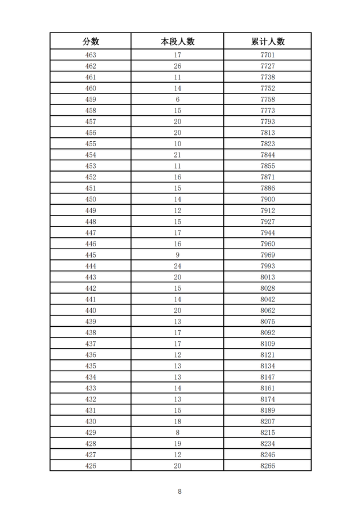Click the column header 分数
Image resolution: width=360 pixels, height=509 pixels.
pos(91,41)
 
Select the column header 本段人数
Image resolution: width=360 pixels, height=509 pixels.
pos(177,41)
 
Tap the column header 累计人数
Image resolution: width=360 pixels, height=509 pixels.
pos(268,41)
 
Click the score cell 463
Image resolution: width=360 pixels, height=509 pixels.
pos(91,55)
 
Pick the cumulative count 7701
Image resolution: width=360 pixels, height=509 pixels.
pos(268,55)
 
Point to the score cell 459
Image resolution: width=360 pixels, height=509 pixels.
pos(91,100)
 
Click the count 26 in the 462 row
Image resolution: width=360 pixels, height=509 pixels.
pos(177,66)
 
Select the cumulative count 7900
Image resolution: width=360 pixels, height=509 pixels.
pos(268,199)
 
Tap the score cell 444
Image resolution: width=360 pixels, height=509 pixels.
pos(91,266)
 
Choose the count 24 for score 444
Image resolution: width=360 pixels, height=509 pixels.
pos(177,266)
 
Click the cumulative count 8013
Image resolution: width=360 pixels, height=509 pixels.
pos(268,277)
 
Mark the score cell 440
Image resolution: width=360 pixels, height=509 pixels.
pos(91,310)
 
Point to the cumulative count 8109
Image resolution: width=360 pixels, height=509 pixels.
pos(268,344)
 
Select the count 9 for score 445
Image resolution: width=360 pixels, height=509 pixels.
pos(177,255)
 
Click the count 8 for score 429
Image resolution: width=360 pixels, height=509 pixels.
pos(177,433)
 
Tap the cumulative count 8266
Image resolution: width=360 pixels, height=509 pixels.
pos(268,466)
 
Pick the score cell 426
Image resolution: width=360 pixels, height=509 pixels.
pos(91,466)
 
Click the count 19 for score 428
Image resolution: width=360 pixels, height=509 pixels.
pos(177,443)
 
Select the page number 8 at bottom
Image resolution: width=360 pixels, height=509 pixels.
pos(179,491)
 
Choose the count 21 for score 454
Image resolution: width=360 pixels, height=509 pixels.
pos(177,155)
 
